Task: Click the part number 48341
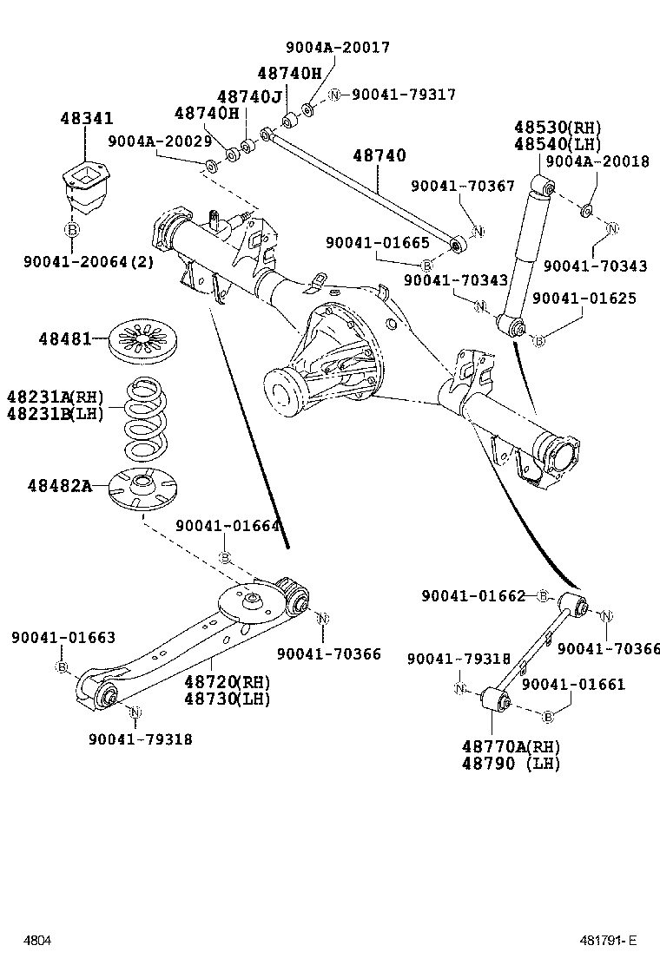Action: (x=86, y=119)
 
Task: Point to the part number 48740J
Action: (x=249, y=96)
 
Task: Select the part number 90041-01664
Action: (x=228, y=526)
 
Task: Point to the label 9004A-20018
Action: (x=597, y=161)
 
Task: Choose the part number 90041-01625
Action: (x=584, y=299)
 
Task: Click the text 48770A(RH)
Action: (x=511, y=747)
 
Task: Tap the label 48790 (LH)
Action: (x=511, y=764)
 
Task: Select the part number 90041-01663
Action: (x=63, y=638)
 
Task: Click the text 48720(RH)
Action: (x=227, y=681)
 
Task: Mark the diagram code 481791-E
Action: (x=609, y=941)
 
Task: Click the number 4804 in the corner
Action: (x=37, y=941)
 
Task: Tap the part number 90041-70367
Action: (x=475, y=185)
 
